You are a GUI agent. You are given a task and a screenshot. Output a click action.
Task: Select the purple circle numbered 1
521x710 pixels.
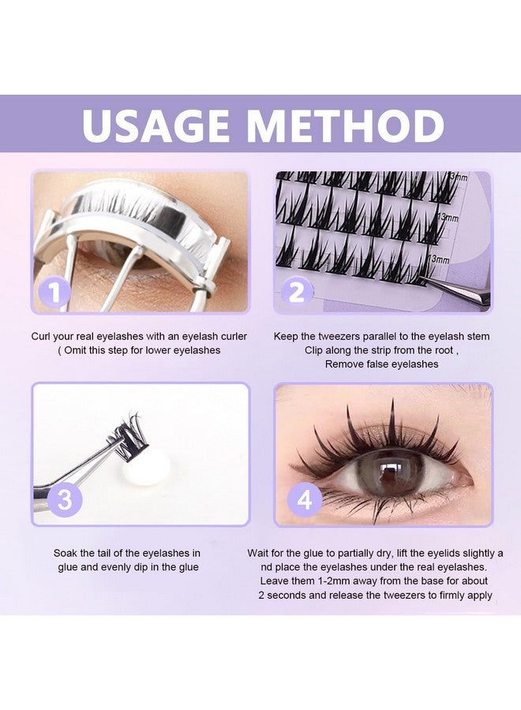(x=54, y=293)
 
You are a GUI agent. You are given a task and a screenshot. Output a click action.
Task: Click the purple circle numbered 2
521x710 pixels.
(x=297, y=293)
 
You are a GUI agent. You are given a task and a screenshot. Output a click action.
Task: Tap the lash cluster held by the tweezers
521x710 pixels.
(x=126, y=431)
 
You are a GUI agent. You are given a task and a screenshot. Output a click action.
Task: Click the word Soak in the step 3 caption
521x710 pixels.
(x=66, y=553)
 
